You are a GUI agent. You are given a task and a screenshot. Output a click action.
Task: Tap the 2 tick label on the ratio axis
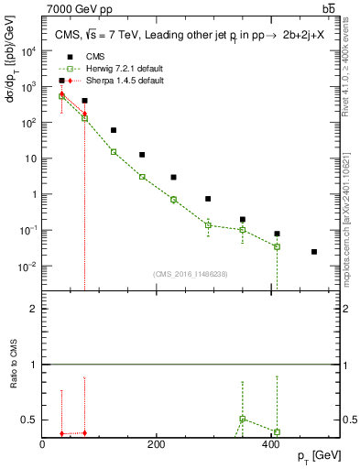[33, 309]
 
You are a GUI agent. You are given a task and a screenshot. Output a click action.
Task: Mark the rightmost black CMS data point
[314, 252]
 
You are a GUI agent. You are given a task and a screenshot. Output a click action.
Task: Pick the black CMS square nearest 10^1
[142, 155]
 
